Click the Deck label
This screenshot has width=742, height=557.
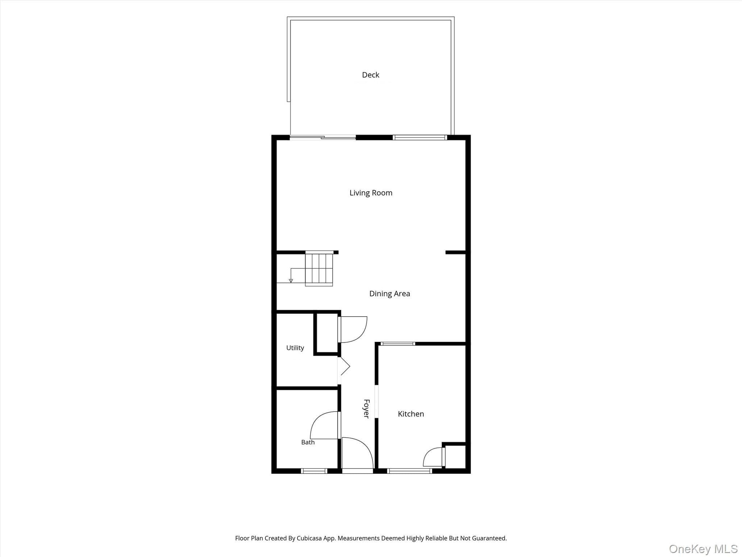[371, 75]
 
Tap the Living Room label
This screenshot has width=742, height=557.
[371, 193]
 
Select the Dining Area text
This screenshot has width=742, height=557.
[389, 294]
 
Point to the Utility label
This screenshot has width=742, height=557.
[295, 348]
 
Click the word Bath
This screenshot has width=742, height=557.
[308, 442]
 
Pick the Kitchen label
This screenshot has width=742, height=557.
[411, 414]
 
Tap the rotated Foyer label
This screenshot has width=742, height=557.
[366, 409]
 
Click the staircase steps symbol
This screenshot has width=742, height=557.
[319, 269]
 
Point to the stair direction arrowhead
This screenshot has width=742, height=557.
[291, 281]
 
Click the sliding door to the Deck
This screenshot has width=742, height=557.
[323, 137]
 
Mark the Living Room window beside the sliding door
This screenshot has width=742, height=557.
[420, 137]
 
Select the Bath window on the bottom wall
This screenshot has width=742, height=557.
[314, 471]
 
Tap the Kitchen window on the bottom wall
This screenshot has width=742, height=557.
[410, 471]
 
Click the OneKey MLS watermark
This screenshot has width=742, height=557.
[703, 549]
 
